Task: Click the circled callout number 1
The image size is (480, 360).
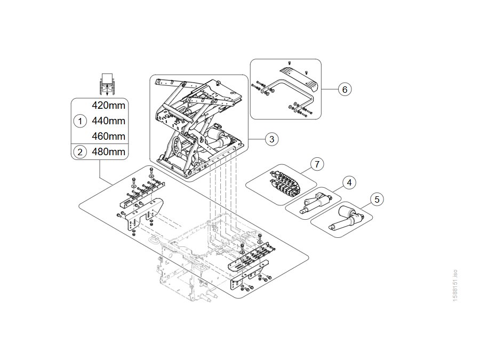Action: [x=80, y=121]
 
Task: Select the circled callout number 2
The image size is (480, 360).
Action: [x=80, y=152]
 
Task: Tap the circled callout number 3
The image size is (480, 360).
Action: [x=272, y=139]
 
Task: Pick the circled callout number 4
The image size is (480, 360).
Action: [x=349, y=183]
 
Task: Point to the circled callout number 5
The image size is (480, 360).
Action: [x=377, y=199]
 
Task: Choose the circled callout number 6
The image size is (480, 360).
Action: [x=345, y=90]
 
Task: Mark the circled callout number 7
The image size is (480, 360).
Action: [x=317, y=164]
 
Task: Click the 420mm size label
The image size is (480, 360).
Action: [x=108, y=106]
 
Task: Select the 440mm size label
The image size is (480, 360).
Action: [x=108, y=121]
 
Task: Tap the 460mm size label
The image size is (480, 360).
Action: [x=108, y=136]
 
